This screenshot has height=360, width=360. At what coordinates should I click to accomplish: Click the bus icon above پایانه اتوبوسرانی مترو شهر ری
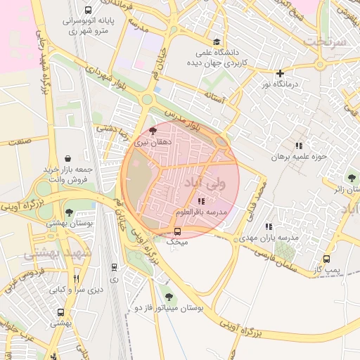pyautogui.click(x=87, y=11)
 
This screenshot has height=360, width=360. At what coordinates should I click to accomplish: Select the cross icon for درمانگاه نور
pyautogui.click(x=280, y=73)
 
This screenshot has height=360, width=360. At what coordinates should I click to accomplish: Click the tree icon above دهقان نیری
pyautogui.click(x=154, y=131)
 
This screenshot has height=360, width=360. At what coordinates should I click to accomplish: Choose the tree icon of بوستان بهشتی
pyautogui.click(x=69, y=212)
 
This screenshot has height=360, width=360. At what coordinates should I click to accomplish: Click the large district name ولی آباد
pyautogui.click(x=205, y=184)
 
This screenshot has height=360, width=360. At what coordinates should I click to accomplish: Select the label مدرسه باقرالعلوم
pyautogui.click(x=200, y=212)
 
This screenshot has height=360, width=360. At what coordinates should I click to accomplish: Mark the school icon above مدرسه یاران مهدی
pyautogui.click(x=269, y=226)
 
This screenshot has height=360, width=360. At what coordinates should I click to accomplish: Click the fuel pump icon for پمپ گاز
pyautogui.click(x=326, y=259)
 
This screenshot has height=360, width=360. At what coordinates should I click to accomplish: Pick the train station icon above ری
pyautogui.click(x=114, y=267)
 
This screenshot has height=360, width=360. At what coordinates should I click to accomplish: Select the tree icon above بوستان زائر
pyautogui.click(x=351, y=178)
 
